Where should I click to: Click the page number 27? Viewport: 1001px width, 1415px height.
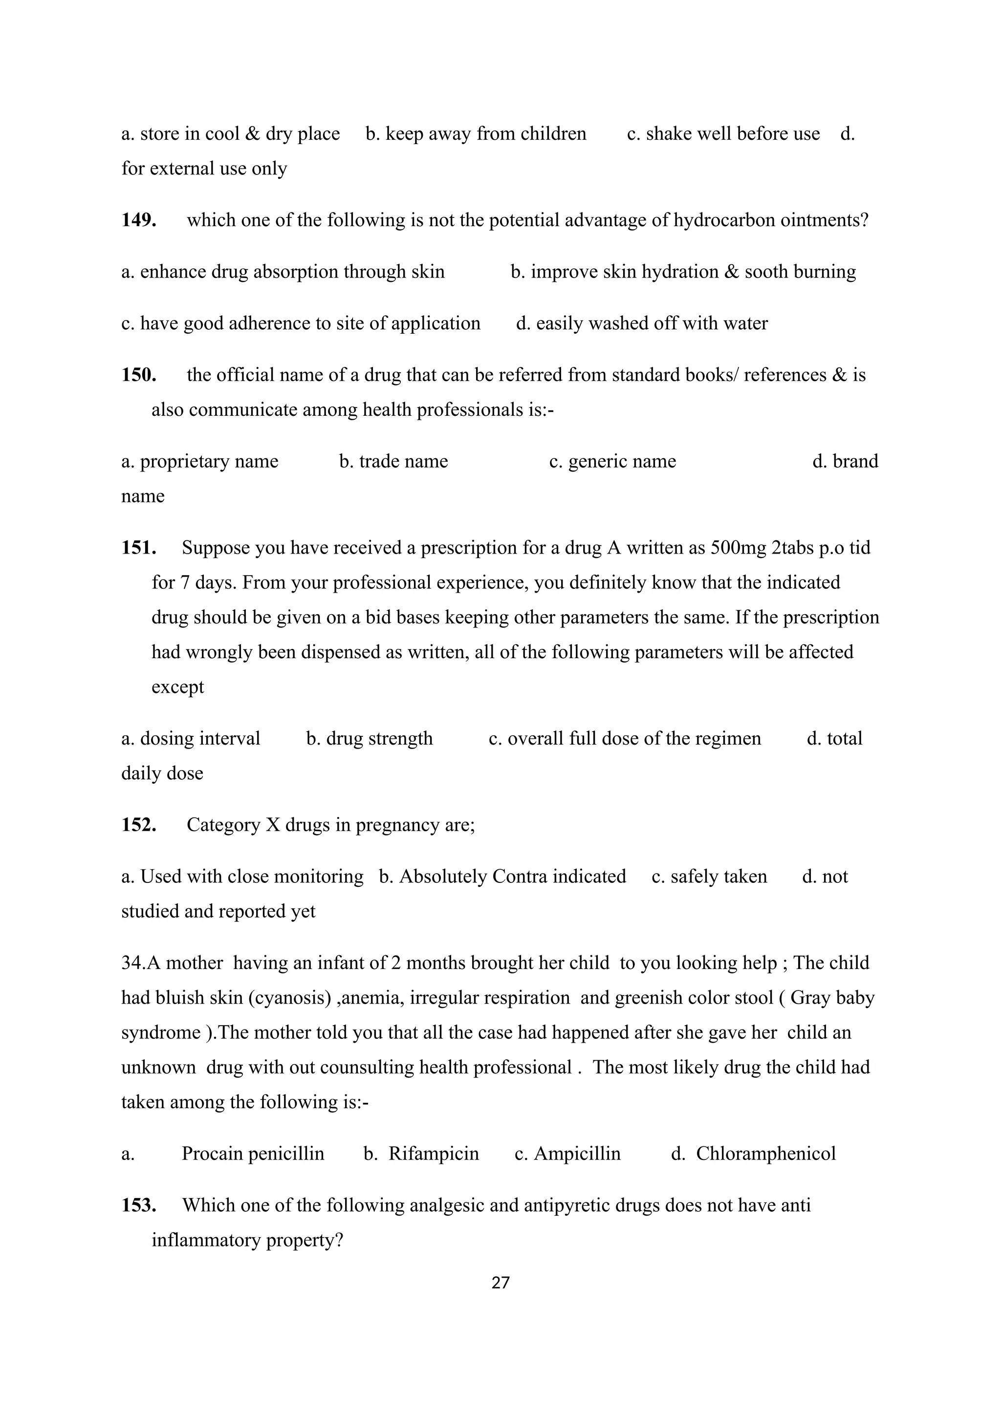500,1283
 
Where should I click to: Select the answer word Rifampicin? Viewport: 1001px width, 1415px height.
434,1154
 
